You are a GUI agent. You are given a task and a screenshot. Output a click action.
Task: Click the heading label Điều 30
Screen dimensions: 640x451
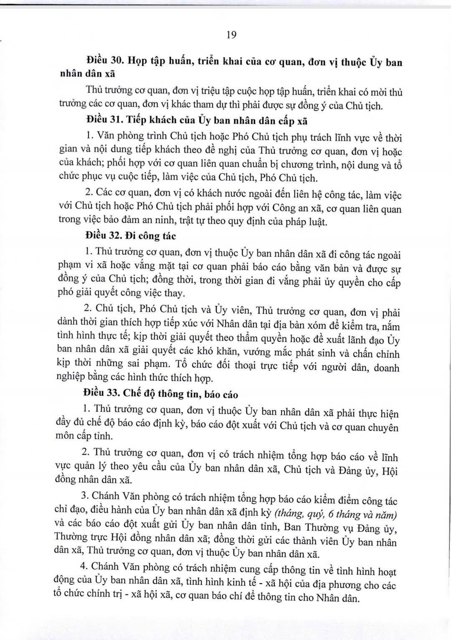coord(104,61)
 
